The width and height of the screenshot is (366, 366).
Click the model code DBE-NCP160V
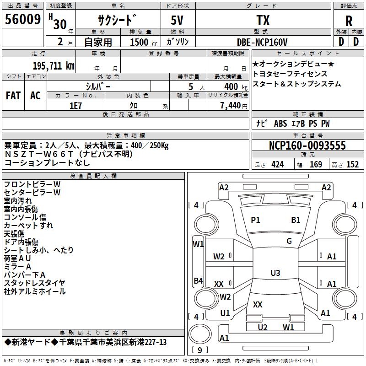(262, 42)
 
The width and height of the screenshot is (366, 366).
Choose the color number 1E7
(75, 105)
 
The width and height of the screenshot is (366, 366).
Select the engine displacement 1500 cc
(140, 42)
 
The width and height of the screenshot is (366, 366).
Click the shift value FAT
(13, 95)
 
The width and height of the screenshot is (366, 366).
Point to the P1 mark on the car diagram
(255, 220)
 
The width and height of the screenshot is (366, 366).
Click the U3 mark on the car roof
(275, 273)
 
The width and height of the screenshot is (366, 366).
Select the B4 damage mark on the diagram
(198, 280)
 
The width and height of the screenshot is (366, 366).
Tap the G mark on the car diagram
(289, 241)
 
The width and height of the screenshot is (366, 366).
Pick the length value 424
(277, 165)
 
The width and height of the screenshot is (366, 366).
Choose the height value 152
(352, 165)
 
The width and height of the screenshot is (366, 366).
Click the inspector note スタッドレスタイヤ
(34, 283)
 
